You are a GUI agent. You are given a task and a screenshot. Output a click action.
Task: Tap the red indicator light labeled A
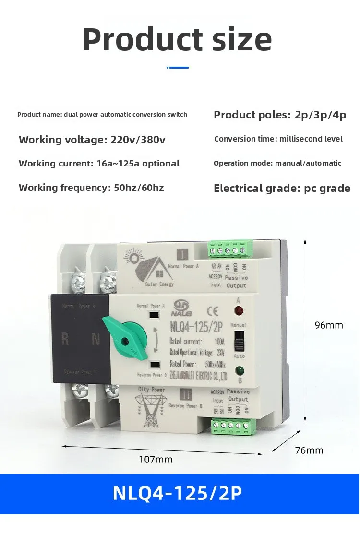point(238,309)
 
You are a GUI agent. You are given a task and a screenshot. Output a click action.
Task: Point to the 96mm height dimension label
point(329,325)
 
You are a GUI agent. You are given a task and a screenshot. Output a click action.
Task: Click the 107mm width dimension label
point(156,460)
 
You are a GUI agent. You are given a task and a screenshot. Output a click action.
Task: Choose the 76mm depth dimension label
point(309,450)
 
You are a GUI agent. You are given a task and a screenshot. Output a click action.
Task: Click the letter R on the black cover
point(65,340)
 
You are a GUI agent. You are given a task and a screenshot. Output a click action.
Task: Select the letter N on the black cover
point(96,340)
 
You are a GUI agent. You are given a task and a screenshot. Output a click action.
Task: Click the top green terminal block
point(230,249)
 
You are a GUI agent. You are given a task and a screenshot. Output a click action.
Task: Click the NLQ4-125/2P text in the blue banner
point(177,493)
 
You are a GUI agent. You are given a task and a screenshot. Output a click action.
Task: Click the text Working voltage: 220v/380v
point(92,140)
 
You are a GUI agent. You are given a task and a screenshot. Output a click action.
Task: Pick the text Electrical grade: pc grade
point(282,188)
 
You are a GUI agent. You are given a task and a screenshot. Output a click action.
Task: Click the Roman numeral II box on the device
point(184,395)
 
